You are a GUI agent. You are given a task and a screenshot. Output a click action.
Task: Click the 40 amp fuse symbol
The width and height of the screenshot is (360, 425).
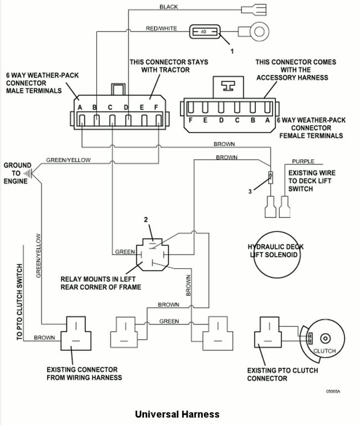click(x=204, y=32)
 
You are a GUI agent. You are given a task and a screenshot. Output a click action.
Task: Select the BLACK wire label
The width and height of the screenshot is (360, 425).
click(x=168, y=7)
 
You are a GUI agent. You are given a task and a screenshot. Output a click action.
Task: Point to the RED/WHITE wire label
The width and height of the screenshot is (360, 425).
click(x=161, y=28)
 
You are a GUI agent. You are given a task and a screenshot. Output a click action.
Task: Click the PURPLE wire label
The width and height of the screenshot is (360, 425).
click(x=303, y=161)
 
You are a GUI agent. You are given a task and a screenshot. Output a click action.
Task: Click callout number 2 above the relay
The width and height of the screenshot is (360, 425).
click(x=146, y=220)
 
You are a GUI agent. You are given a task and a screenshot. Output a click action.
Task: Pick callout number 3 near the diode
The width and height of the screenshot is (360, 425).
click(x=250, y=191)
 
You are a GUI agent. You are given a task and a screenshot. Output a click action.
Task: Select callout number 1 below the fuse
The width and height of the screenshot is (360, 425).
click(x=232, y=51)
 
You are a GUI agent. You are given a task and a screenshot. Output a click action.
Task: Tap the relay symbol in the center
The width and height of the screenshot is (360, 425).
click(x=152, y=255)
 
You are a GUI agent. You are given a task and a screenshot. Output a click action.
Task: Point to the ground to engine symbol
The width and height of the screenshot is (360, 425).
click(x=28, y=173)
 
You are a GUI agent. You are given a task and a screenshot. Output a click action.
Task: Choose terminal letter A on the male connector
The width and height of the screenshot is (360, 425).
click(x=80, y=107)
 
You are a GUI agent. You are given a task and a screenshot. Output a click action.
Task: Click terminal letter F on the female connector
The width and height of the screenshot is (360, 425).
click(x=191, y=120)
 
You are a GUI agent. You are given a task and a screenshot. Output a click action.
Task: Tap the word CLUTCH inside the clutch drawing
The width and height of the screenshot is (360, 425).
click(x=325, y=351)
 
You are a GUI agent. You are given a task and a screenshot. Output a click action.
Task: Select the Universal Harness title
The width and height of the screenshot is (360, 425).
click(x=177, y=414)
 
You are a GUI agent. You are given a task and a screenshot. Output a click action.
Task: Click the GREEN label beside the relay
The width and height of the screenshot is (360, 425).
click(x=125, y=252)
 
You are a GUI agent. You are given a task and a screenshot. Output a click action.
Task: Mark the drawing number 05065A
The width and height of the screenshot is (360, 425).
click(x=333, y=391)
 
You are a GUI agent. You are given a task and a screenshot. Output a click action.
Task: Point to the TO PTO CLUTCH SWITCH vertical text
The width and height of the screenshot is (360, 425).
click(x=19, y=302)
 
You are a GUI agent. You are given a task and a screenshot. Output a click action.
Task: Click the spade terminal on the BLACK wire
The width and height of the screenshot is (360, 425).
click(x=254, y=10)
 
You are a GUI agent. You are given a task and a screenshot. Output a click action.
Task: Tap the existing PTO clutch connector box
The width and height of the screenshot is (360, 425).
click(x=268, y=332)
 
